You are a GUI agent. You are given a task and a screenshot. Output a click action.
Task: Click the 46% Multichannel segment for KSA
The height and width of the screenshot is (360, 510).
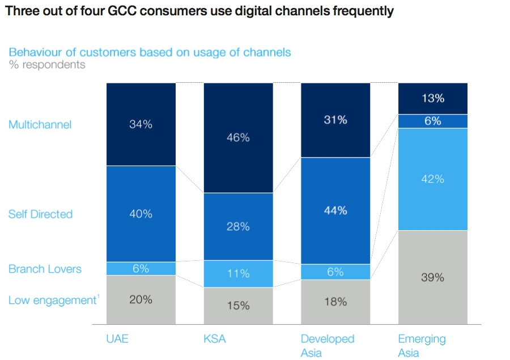[238, 138]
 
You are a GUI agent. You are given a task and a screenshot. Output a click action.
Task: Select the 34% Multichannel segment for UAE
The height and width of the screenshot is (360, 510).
[141, 124]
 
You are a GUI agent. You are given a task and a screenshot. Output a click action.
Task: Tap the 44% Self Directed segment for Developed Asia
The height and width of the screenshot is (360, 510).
[335, 210]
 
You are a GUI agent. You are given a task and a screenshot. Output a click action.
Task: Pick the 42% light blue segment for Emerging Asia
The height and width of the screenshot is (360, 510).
[432, 179]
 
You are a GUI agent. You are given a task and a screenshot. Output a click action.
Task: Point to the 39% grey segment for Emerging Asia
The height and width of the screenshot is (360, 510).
[432, 277]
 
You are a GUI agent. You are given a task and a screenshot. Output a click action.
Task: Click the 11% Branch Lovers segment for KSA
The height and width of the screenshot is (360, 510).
[238, 274]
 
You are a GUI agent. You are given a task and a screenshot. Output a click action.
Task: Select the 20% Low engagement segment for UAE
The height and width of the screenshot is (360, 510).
[141, 299]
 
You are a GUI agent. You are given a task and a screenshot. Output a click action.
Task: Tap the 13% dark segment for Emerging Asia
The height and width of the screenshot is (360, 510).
[432, 98]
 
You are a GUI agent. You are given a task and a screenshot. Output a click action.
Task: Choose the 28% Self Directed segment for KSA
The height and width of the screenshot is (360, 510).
[238, 226]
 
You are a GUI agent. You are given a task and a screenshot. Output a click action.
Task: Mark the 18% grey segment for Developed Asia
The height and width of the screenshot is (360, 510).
[335, 302]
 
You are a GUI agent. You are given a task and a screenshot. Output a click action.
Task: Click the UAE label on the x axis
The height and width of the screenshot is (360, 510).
[117, 339]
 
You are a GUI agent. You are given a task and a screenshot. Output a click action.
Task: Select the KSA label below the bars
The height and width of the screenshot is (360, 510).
[215, 339]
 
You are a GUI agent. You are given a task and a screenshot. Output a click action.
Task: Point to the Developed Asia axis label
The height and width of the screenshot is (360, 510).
[327, 346]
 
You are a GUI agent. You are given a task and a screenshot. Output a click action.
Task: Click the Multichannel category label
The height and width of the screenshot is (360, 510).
[40, 125]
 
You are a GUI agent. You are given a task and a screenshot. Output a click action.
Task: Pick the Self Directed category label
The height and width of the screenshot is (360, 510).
[40, 214]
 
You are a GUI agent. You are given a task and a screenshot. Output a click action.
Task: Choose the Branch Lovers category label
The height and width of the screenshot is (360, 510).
[45, 269]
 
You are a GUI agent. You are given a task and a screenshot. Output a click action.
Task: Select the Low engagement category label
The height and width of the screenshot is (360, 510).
[52, 300]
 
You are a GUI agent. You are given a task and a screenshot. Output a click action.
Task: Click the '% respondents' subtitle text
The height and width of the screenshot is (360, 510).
[47, 65]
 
